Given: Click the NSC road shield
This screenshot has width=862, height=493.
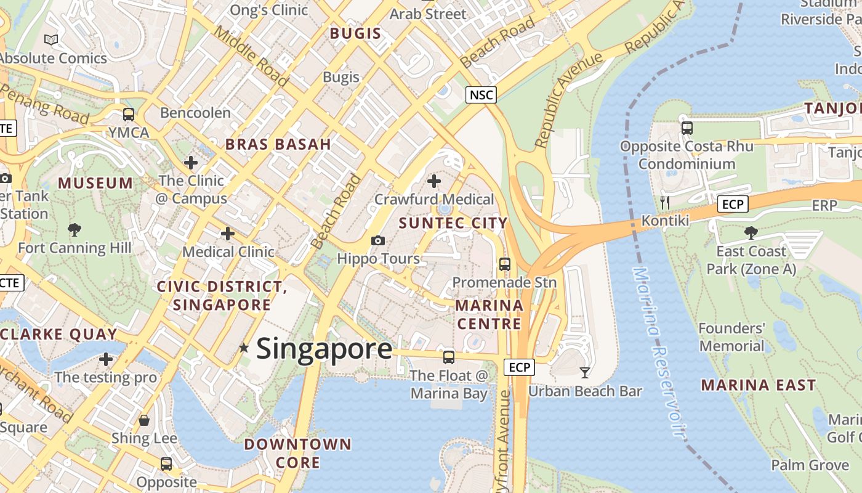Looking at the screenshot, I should tap(480, 95).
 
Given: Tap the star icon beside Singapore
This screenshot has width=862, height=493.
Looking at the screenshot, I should tap(244, 348).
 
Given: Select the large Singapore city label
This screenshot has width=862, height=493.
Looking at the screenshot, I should tap(324, 349).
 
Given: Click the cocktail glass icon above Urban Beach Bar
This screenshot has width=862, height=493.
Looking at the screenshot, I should tap(584, 372).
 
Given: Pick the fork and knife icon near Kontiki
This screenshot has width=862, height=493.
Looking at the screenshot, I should tap(664, 202).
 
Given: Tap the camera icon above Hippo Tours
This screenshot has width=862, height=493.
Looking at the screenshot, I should tap(378, 240).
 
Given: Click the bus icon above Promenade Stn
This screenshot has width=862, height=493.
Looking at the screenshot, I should tap(505, 264).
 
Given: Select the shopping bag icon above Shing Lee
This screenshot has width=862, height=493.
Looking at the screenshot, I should tap(144, 420).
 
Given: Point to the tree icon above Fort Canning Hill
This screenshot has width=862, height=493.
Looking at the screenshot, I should tap(75, 230).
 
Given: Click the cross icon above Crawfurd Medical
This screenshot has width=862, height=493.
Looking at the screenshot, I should tap(434, 181).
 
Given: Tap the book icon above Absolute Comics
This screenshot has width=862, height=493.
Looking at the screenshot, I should tap(51, 40).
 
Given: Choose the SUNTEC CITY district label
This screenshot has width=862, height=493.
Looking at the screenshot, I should tap(453, 223).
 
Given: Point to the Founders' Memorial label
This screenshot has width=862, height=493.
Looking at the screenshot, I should tap(731, 336).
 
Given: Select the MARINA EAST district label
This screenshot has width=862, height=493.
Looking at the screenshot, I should tap(759, 385).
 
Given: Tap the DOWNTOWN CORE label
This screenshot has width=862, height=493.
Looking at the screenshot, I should tap(298, 453).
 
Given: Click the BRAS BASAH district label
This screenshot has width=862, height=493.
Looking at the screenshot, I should tap(278, 144).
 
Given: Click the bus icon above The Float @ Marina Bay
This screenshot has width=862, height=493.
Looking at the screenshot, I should tap(449, 357).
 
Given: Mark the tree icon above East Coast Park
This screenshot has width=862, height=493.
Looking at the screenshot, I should tap(751, 232).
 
